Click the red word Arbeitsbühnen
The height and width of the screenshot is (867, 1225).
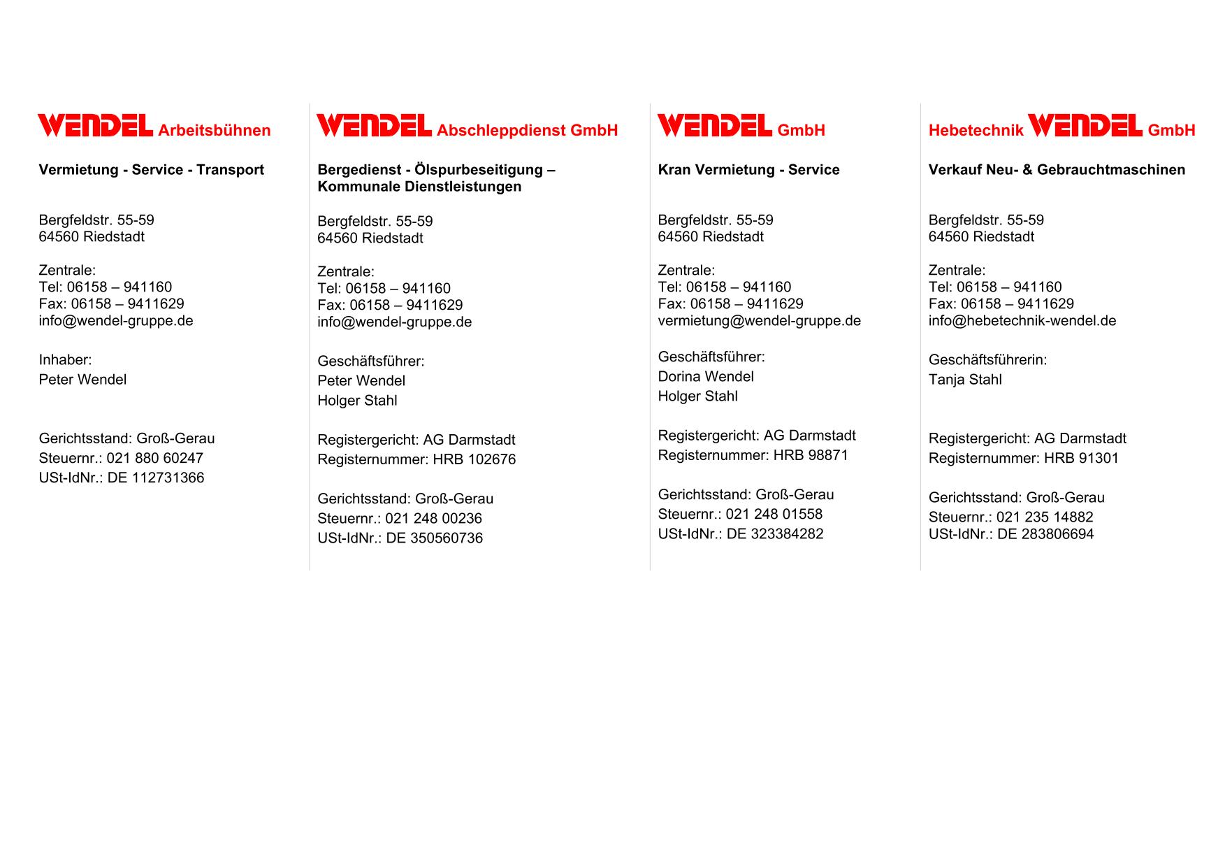(214, 131)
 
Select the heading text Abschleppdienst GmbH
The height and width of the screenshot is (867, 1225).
(527, 131)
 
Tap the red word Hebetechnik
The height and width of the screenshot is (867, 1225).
(976, 131)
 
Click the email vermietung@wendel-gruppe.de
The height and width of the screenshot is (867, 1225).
(759, 321)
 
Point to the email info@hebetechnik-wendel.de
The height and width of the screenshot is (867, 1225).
(1022, 321)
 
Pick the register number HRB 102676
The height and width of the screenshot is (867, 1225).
(474, 459)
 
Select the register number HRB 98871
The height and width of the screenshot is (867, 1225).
(811, 455)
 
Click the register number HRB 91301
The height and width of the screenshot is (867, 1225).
(1081, 458)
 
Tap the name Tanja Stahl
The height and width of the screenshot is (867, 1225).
(964, 380)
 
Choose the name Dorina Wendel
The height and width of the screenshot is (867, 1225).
(705, 377)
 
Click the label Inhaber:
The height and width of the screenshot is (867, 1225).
(65, 360)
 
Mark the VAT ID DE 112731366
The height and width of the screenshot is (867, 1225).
(155, 478)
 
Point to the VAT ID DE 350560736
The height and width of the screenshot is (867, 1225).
(434, 538)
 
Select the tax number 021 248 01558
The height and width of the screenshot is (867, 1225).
(774, 515)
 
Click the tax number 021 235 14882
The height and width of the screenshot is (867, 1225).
(1044, 517)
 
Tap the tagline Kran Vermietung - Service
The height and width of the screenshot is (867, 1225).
(748, 170)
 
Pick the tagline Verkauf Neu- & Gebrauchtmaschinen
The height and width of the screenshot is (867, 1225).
(1056, 170)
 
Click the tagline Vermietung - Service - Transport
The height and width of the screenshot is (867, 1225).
(151, 170)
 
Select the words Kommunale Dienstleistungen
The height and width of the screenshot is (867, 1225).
(419, 187)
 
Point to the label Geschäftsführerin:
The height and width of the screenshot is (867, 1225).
(987, 360)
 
